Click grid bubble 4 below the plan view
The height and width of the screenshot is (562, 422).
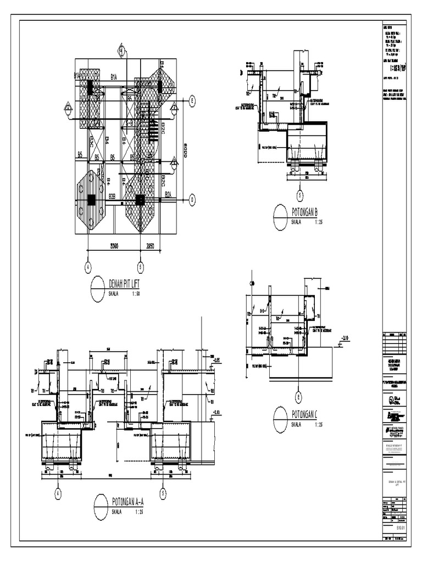(x=87, y=267)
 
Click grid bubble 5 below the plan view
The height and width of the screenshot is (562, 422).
(x=140, y=267)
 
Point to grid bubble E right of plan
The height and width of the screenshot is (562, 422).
(x=192, y=100)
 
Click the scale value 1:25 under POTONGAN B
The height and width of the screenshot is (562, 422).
(x=319, y=222)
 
